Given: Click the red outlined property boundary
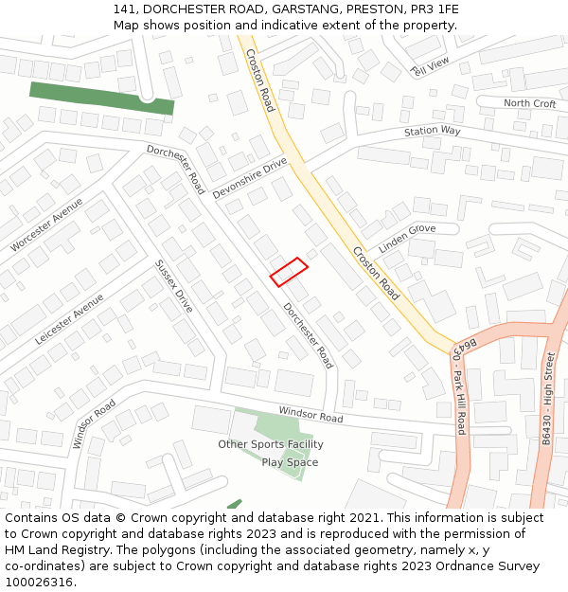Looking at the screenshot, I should (289, 272).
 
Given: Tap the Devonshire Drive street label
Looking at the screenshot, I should (250, 178).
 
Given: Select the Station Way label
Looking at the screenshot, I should (432, 131).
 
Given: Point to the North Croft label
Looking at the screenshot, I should (530, 103).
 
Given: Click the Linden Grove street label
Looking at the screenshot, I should (407, 239).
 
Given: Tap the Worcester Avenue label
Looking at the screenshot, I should (46, 224).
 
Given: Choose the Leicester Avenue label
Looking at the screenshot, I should (69, 318).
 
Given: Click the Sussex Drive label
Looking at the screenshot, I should (173, 286).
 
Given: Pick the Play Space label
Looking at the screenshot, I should (290, 462).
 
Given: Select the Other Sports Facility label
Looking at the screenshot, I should (271, 444).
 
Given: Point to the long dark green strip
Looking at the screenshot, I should (101, 98).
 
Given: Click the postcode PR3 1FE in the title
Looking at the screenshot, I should (435, 9).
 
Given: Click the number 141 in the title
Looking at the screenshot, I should (123, 9).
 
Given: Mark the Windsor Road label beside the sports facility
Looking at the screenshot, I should (311, 414).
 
